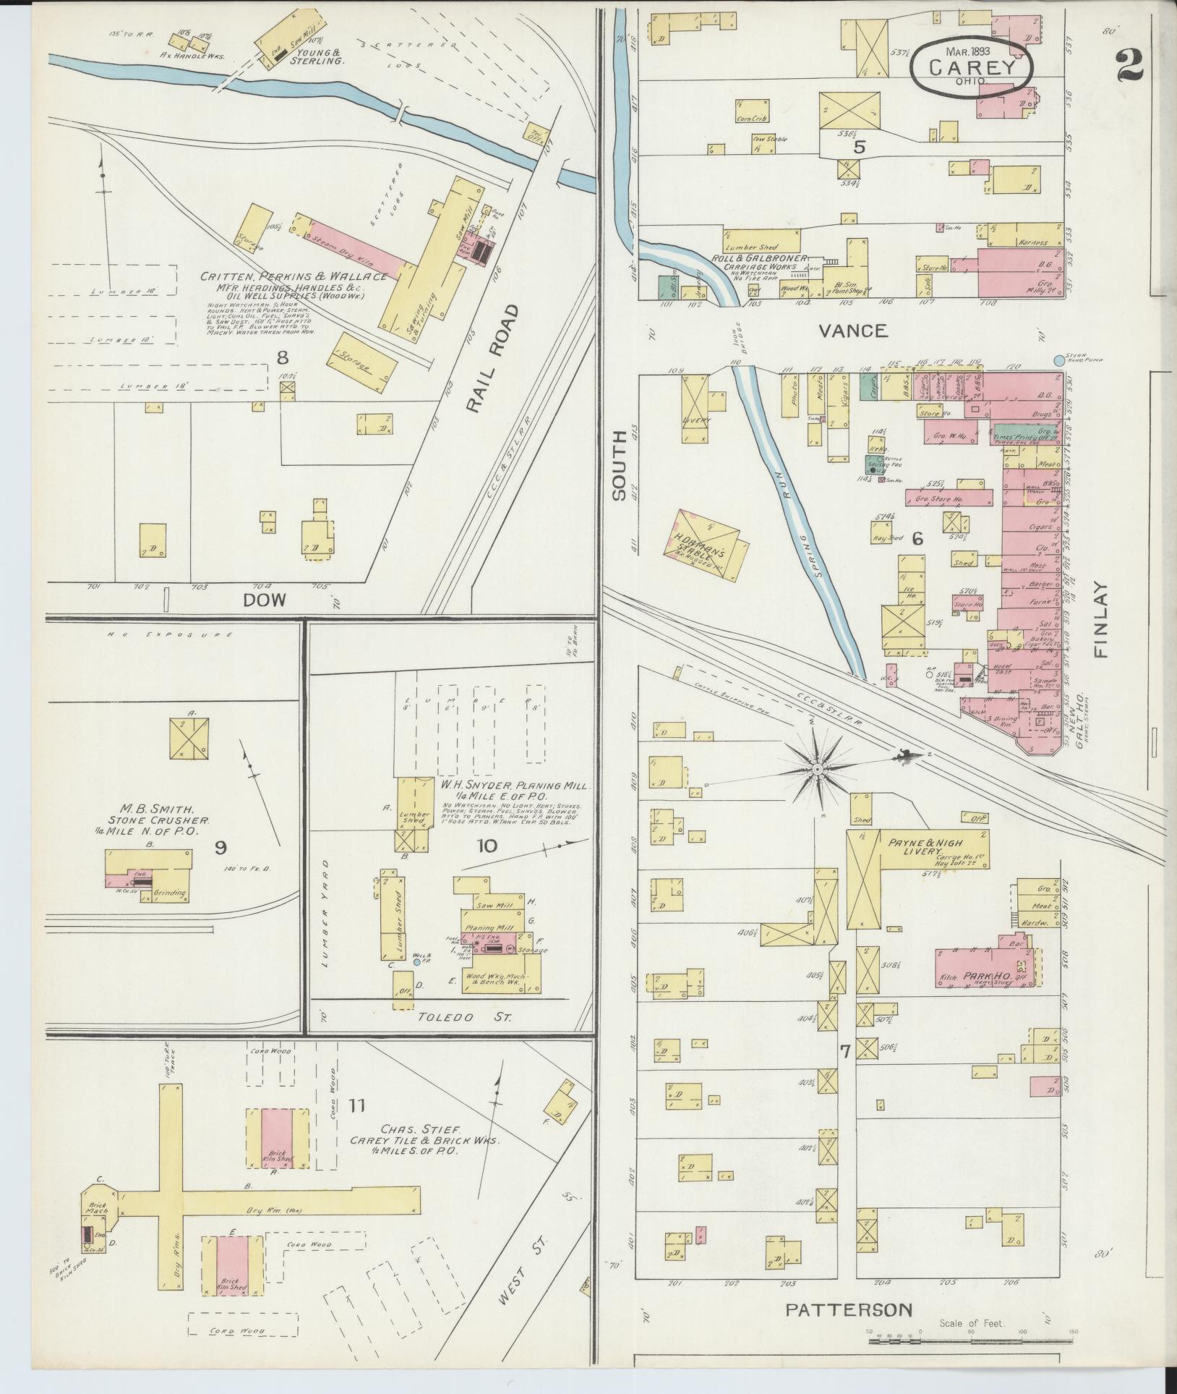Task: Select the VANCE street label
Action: click(853, 331)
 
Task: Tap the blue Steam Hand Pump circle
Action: click(1060, 360)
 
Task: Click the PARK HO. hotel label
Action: click(981, 977)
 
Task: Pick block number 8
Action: click(283, 357)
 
